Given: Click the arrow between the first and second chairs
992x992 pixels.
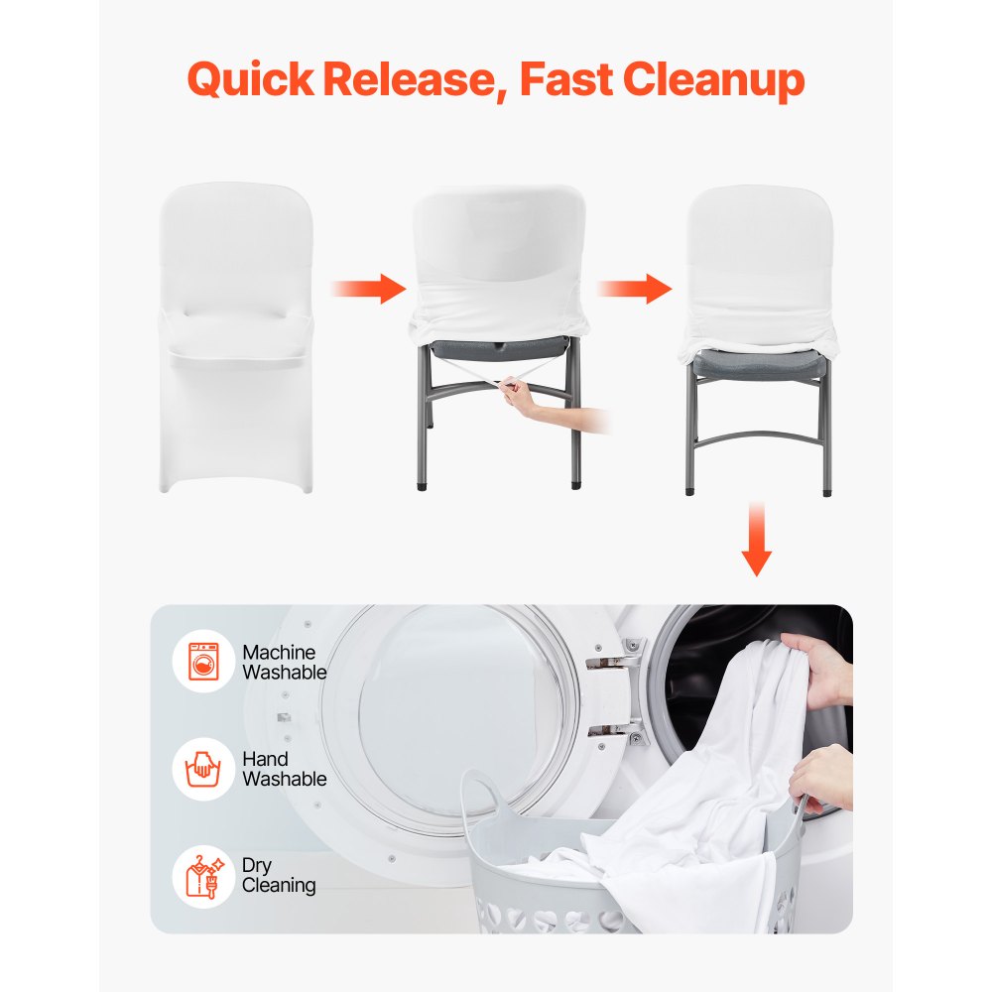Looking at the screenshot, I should point(368,289).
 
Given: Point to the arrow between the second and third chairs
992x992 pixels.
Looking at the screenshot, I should point(635,289).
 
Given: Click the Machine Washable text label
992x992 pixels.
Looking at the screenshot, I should point(284,662).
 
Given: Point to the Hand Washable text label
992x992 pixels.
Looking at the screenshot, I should point(284,769).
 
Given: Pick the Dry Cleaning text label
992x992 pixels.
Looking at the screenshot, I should point(279,875).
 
